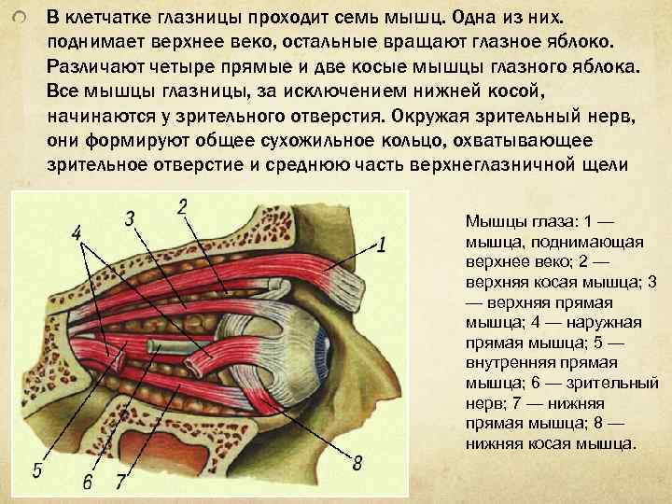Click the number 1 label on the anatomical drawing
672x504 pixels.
[383, 245]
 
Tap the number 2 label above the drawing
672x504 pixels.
[182, 206]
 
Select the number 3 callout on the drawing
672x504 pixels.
[131, 218]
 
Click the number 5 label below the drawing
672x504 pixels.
[36, 470]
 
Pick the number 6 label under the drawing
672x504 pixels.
[87, 482]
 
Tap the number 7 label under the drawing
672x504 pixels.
[119, 482]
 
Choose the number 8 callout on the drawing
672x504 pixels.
[357, 463]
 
